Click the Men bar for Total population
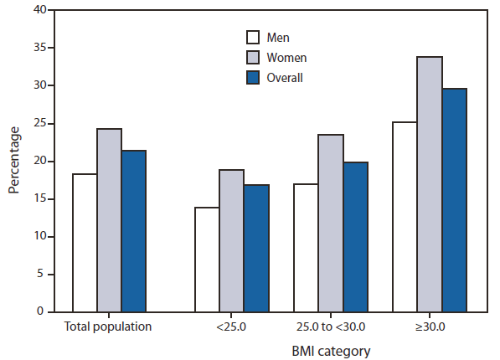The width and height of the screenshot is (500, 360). [x=85, y=243]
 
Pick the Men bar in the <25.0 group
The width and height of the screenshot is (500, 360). [x=207, y=260]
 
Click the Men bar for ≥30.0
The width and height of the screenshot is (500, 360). [x=405, y=217]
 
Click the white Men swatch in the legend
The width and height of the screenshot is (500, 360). [x=253, y=38]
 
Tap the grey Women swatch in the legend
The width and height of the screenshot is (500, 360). [x=253, y=58]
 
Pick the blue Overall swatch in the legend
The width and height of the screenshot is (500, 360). [x=253, y=78]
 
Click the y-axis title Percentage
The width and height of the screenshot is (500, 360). [x=14, y=161]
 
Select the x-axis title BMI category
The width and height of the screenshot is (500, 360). [x=330, y=350]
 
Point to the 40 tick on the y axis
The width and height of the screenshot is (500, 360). [x=39, y=11]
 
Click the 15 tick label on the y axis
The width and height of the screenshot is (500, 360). [x=39, y=199]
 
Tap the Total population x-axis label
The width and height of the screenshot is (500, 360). [x=108, y=327]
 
